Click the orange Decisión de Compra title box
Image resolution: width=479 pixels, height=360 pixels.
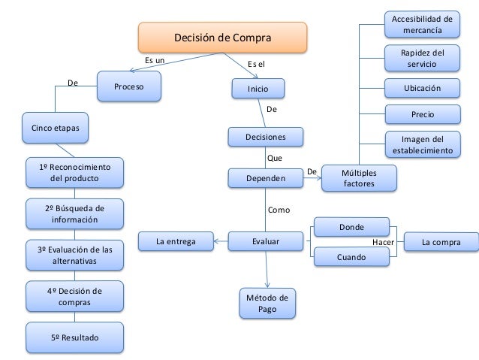tap(222, 38)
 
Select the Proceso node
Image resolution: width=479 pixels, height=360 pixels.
tap(131, 87)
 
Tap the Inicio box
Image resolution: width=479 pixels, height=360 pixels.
tap(258, 89)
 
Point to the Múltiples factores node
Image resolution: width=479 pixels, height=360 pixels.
tap(359, 179)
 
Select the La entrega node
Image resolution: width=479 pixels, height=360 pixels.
tap(176, 242)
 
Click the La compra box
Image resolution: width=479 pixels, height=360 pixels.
tap(441, 242)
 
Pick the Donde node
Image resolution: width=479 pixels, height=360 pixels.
tap(351, 225)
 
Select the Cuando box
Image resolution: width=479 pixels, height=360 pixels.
tap(351, 258)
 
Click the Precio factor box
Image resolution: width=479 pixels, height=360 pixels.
tap(421, 114)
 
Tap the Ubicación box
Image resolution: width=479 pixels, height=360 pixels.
tap(421, 88)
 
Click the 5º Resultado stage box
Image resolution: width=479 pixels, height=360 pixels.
tap(74, 339)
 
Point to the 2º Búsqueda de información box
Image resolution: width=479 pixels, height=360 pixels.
tap(74, 214)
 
